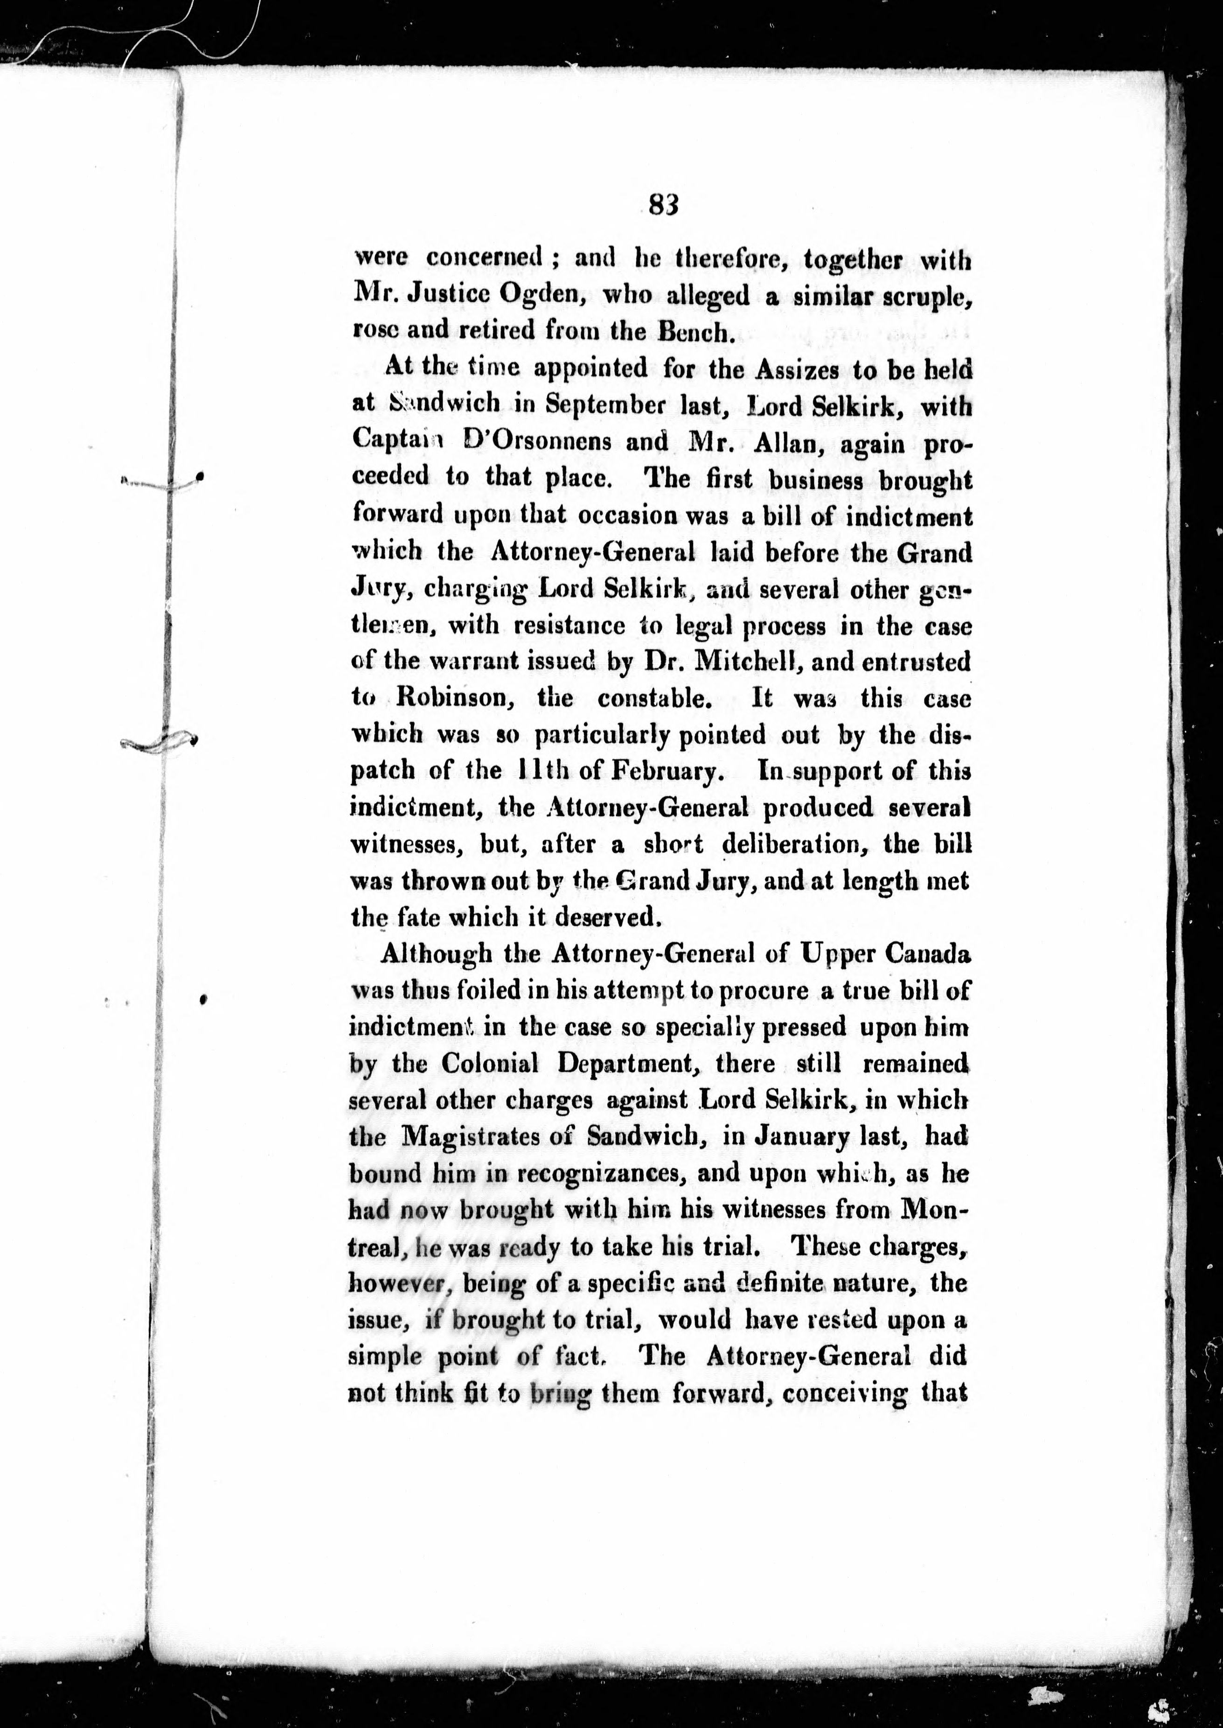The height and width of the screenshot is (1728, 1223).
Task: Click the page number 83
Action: coord(663,204)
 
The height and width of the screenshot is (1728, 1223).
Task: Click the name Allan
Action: coord(783,442)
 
